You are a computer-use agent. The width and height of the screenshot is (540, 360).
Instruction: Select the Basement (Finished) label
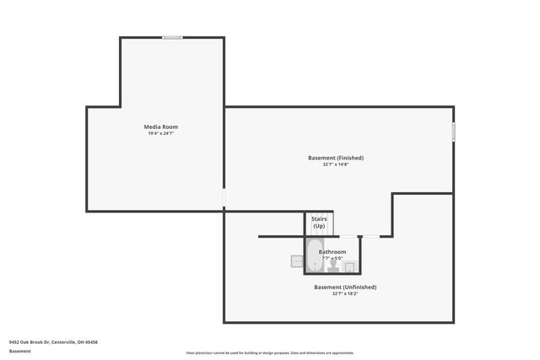click(335, 158)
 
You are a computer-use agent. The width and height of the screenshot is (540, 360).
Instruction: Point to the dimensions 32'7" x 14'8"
click(335, 164)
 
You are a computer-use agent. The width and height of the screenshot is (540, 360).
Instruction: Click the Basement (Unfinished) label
click(345, 287)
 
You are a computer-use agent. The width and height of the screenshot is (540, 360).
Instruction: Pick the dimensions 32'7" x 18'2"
click(345, 293)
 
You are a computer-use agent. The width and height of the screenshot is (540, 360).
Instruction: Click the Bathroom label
click(332, 251)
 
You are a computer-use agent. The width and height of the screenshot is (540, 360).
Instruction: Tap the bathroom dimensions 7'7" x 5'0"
click(332, 258)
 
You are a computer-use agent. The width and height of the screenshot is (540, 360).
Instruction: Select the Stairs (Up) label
click(319, 223)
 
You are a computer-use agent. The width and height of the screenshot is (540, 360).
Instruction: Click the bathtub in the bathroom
click(315, 263)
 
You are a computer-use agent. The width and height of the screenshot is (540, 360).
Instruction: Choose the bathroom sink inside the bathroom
click(350, 266)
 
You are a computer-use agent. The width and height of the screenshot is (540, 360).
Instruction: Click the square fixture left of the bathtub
click(297, 262)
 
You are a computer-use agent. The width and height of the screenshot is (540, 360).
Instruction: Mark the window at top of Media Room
click(172, 37)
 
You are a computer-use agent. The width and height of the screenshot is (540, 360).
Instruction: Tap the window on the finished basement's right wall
click(453, 132)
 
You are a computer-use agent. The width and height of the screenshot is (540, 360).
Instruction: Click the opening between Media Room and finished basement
click(224, 198)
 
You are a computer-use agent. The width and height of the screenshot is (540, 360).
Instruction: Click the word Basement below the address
click(19, 351)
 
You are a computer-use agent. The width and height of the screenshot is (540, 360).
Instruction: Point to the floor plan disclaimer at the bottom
click(270, 352)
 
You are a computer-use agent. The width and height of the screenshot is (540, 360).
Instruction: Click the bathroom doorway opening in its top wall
click(348, 237)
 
